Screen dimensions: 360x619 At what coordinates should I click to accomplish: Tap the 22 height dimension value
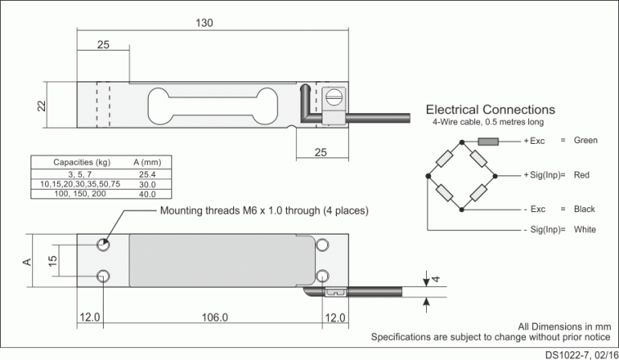42,106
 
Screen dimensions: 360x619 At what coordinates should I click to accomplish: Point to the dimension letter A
27,261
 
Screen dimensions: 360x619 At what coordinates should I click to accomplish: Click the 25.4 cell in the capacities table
147,174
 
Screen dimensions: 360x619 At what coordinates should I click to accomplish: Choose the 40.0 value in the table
147,194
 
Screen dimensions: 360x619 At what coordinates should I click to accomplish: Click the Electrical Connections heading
490,109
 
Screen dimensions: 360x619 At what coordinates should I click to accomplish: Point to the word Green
585,141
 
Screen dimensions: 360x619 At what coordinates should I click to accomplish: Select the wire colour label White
585,230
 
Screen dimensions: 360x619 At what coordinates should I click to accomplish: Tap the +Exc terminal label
535,141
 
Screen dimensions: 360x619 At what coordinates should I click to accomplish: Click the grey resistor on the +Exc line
488,141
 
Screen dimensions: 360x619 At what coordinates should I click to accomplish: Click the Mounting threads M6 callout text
264,211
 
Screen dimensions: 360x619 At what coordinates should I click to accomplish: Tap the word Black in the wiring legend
584,209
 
